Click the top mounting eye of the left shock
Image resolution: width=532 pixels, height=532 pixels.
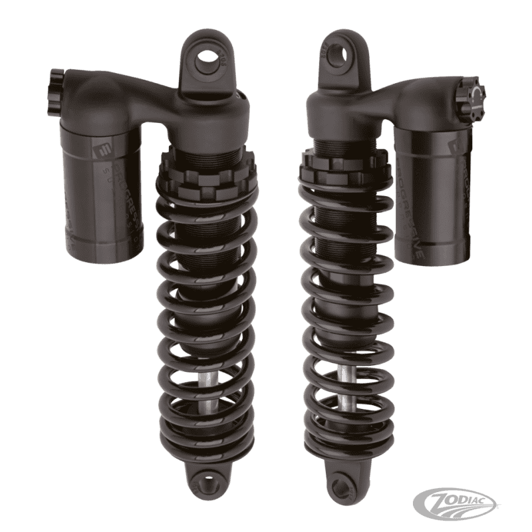pyautogui.click(x=209, y=58)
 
